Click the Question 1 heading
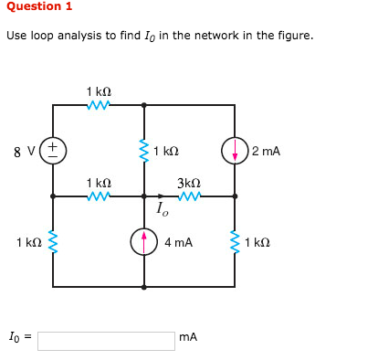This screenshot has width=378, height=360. (x=39, y=6)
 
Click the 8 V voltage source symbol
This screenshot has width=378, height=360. (x=53, y=150)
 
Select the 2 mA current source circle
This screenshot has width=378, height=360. (x=235, y=151)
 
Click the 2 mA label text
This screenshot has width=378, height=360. (x=266, y=151)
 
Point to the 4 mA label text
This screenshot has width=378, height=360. (x=178, y=243)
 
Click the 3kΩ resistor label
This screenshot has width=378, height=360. (x=189, y=182)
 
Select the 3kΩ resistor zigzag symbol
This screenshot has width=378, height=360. (x=189, y=196)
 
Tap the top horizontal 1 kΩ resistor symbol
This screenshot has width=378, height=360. (x=99, y=105)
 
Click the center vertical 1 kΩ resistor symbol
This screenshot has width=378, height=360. (x=144, y=151)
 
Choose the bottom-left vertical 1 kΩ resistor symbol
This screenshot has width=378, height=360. (x=53, y=242)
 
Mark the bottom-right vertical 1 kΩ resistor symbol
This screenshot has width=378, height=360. (x=235, y=242)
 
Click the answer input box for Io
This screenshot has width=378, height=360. (x=106, y=340)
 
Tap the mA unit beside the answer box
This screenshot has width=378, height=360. (x=188, y=338)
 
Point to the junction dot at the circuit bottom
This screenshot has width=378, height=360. (x=144, y=287)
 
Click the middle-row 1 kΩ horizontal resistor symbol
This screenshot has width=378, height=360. (x=99, y=196)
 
